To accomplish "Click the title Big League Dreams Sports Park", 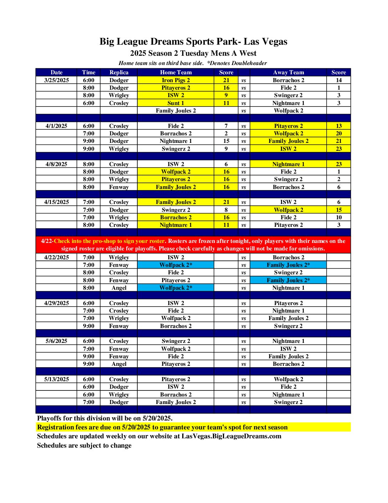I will [193, 42].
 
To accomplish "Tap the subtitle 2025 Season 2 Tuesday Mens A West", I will [193, 53].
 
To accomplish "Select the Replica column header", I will [119, 72].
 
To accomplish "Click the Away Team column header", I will [289, 72].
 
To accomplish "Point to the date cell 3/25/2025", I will [56, 80].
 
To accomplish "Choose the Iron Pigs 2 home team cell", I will [176, 80].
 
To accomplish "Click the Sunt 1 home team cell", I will [176, 103].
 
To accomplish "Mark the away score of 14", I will [338, 80].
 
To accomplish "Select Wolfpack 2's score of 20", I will [338, 133].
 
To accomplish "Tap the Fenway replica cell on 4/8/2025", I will [119, 187].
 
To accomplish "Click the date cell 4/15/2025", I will [56, 202].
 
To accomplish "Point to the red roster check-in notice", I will [193, 245].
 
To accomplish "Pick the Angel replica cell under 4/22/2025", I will [119, 288].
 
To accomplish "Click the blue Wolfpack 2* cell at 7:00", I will [176, 265].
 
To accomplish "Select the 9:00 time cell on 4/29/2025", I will [88, 326].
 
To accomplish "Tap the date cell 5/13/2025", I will [56, 379].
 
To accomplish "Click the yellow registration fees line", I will [162, 427].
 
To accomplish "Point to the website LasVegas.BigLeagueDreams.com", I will [231, 436].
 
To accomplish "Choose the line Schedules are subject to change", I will [84, 445].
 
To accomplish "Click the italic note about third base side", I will [193, 63].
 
